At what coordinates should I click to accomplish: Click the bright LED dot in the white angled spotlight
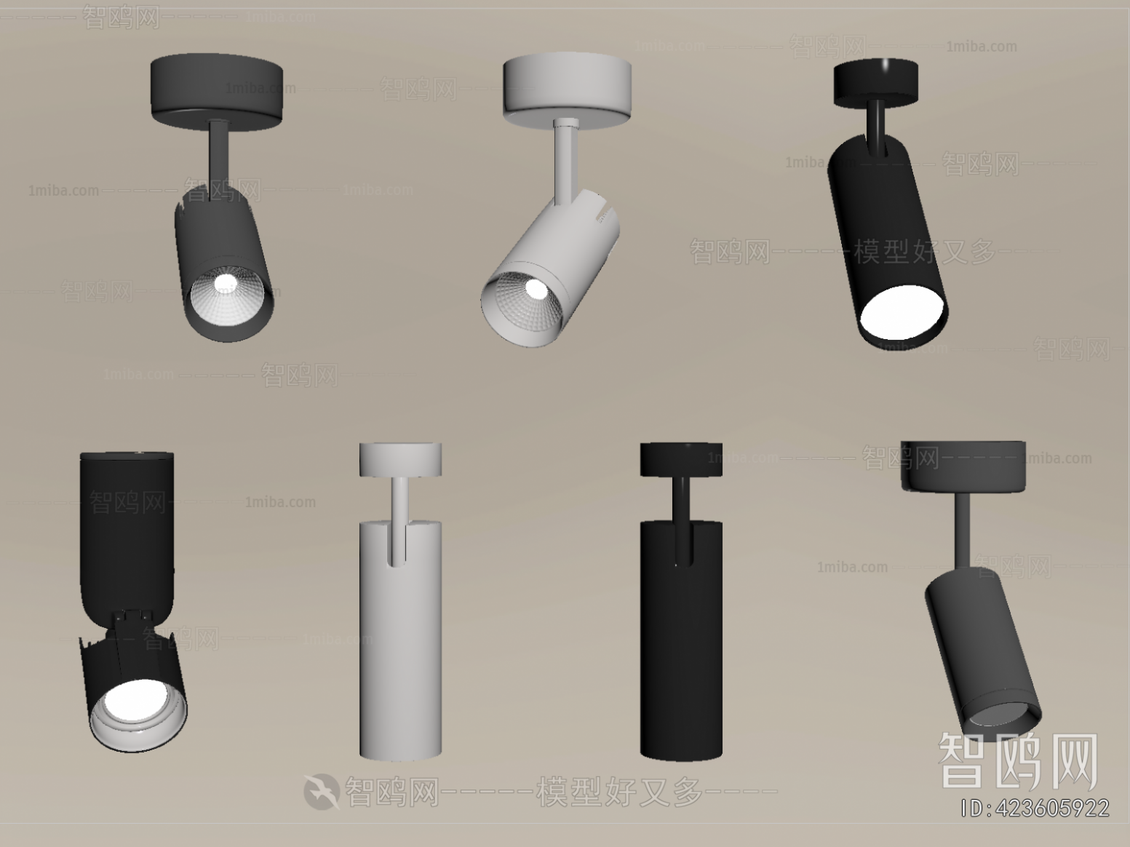537,289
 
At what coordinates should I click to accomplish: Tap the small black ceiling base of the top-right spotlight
875,80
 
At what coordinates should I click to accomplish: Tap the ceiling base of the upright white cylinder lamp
400,460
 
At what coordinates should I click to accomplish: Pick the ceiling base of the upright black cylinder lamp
681,459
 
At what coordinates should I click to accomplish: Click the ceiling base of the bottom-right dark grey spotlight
963,466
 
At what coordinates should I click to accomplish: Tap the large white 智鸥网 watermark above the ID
1018,760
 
